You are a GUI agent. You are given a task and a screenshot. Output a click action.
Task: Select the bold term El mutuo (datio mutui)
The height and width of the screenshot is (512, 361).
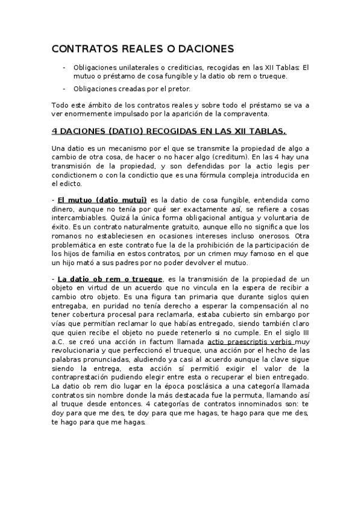(102, 200)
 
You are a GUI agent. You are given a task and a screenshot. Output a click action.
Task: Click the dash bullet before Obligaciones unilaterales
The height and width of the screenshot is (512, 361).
(64, 67)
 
